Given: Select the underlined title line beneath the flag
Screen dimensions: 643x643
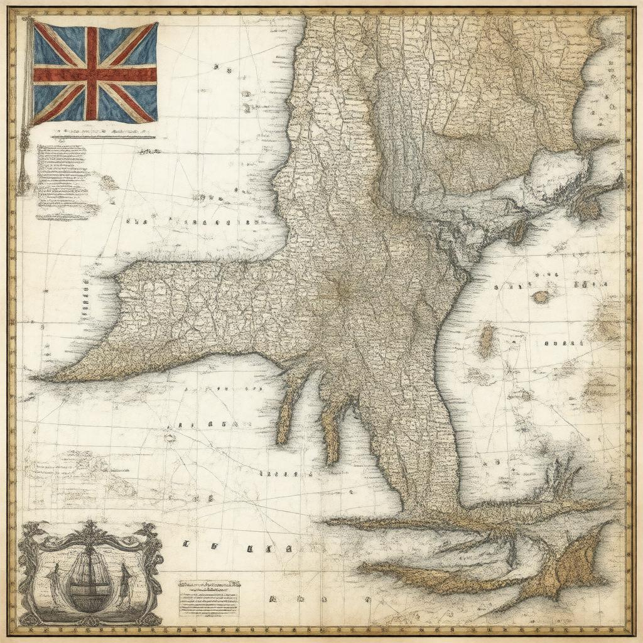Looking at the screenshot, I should coord(104,135).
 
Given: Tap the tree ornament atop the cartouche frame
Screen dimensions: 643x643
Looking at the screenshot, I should coord(91,531).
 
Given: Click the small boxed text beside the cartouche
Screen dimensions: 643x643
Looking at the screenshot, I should coord(208,597).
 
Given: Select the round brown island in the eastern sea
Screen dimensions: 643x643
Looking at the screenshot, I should coord(540,297).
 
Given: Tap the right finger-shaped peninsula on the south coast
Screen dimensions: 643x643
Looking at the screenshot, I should coord(331,427).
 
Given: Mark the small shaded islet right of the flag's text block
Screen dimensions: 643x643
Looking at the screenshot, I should coord(108,183).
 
